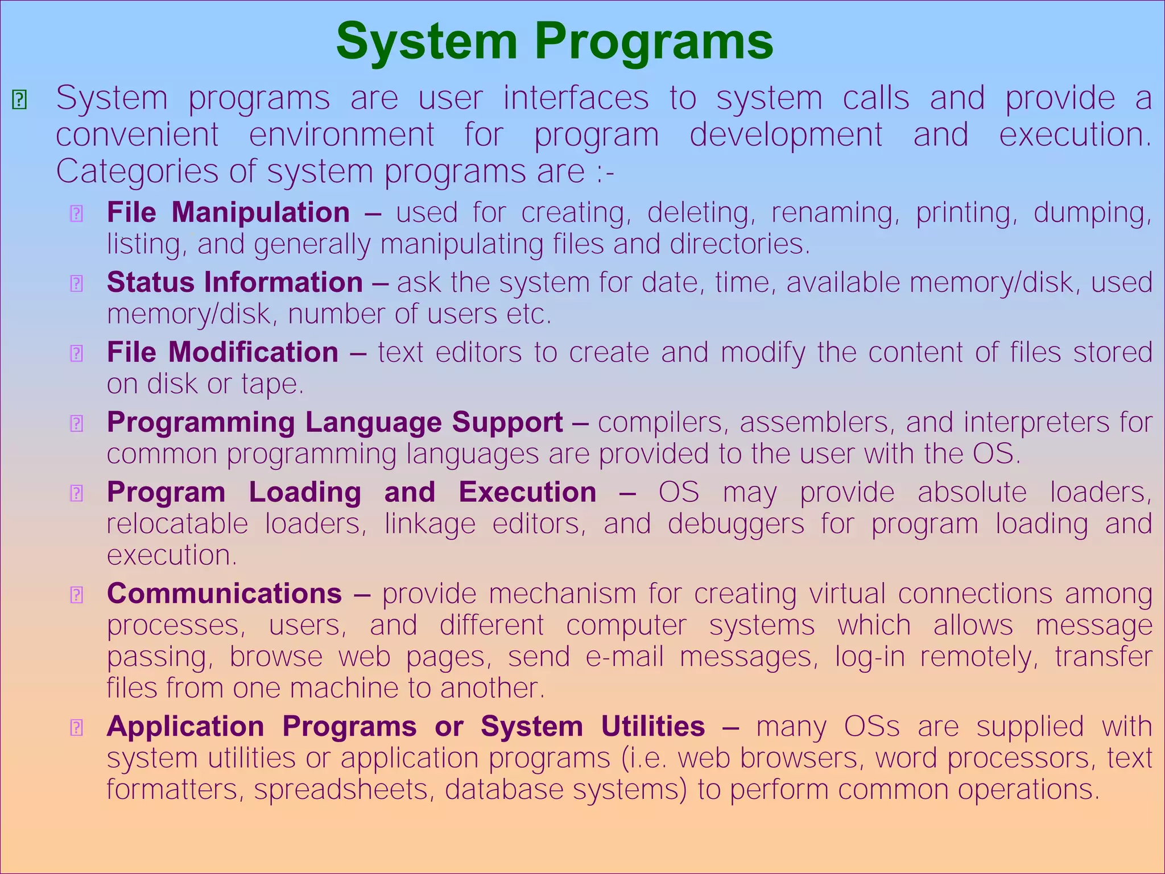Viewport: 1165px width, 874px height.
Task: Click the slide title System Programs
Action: pyautogui.click(x=554, y=41)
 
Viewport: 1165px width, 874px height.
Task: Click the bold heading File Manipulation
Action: pyautogui.click(x=228, y=213)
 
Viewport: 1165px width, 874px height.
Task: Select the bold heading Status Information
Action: pyautogui.click(x=235, y=283)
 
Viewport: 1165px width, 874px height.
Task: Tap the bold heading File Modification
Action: pyautogui.click(x=222, y=352)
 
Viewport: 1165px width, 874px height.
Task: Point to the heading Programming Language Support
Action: pyautogui.click(x=334, y=422)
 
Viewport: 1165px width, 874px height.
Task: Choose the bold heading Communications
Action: pyautogui.click(x=224, y=593)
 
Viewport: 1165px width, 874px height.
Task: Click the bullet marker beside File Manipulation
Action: pyautogui.click(x=76, y=214)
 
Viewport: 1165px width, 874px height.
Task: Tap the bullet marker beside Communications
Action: pyautogui.click(x=76, y=595)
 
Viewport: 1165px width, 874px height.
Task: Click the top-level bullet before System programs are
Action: pyautogui.click(x=19, y=100)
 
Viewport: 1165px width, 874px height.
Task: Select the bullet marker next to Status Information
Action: pyautogui.click(x=76, y=283)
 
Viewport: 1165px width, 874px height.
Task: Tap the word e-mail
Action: pyautogui.click(x=625, y=657)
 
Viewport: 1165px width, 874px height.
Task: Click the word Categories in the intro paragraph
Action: pyautogui.click(x=137, y=171)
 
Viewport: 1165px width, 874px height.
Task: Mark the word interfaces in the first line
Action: pyautogui.click(x=576, y=98)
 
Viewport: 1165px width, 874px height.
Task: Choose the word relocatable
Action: pyautogui.click(x=177, y=523)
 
